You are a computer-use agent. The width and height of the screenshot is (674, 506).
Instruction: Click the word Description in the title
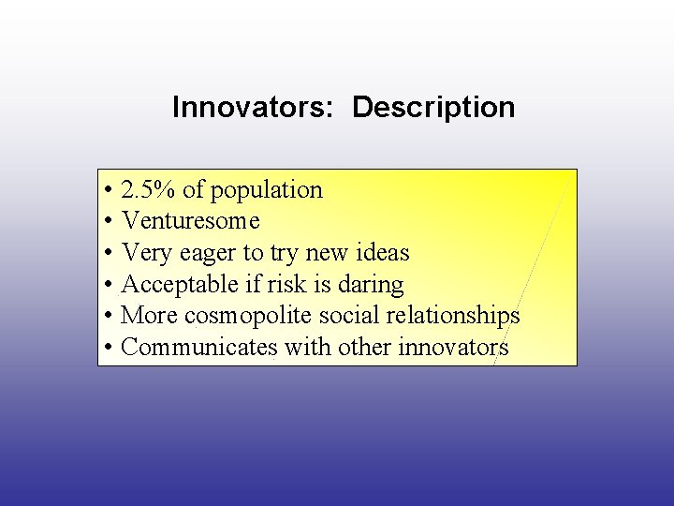point(433,107)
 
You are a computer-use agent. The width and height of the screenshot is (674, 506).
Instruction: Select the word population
point(266,191)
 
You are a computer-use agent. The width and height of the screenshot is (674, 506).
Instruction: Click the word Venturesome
point(191,221)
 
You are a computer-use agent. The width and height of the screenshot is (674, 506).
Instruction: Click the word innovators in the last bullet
point(453,348)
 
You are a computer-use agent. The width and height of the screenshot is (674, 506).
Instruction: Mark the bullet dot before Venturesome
point(110,222)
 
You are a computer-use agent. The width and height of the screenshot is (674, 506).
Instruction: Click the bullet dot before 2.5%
point(110,191)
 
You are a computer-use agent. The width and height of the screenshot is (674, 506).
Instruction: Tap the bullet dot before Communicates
point(110,349)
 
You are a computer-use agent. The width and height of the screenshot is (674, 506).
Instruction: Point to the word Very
point(144,253)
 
